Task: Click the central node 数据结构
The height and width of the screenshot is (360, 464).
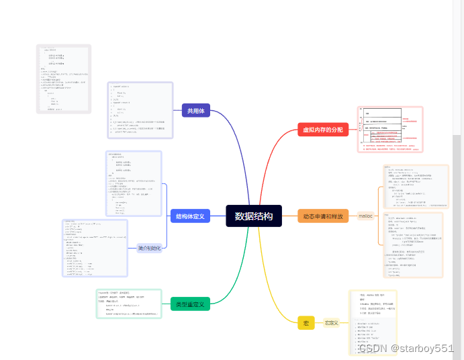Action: pos(254,216)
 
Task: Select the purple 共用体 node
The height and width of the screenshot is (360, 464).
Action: pos(195,111)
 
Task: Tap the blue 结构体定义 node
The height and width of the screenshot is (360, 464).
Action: pos(191,216)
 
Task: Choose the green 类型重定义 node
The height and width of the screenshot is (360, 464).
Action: pos(191,304)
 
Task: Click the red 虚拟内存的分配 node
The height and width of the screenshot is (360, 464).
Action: pos(323,129)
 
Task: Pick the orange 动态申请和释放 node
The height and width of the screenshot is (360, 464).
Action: pos(323,216)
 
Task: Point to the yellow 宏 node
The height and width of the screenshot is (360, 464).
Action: pos(306,323)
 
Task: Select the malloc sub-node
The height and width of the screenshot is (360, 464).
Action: pos(365,216)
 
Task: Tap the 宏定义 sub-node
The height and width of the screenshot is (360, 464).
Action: pos(331,323)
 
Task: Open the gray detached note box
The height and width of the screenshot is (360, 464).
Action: pos(63,79)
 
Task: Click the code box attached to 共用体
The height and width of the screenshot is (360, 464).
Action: pos(140,110)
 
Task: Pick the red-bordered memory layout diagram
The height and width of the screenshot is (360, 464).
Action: pos(390,130)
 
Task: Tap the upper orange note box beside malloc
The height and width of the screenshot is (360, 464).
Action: pos(416,187)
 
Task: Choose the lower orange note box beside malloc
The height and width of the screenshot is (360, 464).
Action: pos(412,244)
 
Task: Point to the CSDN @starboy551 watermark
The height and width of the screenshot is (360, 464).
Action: pos(406,348)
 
